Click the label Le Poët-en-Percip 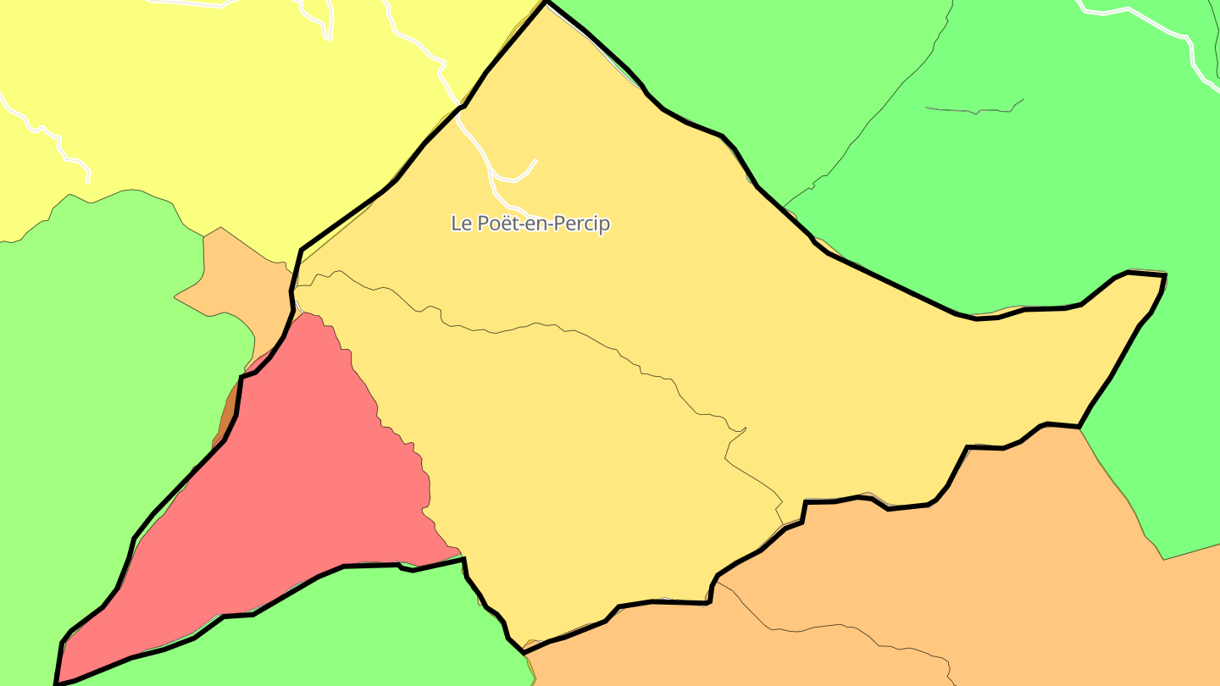530,224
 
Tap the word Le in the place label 461,224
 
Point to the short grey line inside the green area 974,110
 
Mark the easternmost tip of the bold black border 1165,276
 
